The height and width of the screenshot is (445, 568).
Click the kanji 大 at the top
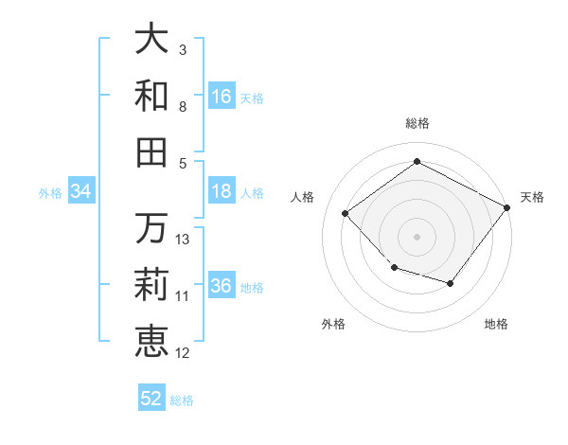[151, 40]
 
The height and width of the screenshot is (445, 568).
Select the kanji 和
[151, 95]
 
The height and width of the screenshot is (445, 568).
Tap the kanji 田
[151, 151]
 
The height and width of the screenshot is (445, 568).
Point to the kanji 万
[151, 228]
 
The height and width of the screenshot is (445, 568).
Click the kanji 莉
[151, 284]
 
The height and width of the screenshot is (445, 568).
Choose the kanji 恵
[151, 341]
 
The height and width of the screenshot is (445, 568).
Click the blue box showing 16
[222, 96]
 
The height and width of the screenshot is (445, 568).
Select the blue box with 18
[222, 191]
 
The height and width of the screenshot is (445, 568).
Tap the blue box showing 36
[222, 286]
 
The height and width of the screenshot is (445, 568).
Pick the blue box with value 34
[81, 191]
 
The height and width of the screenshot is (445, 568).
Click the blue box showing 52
[151, 399]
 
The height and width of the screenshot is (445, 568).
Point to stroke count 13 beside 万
[183, 240]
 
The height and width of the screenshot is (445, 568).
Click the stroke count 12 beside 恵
[183, 353]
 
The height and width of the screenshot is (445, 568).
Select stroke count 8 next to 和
[183, 107]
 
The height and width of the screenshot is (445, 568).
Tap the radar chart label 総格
[417, 123]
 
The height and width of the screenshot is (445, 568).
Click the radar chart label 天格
[532, 197]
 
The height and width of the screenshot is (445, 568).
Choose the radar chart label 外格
[333, 324]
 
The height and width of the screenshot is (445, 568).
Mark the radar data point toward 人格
[346, 214]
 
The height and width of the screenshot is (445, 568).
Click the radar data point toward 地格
[451, 283]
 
